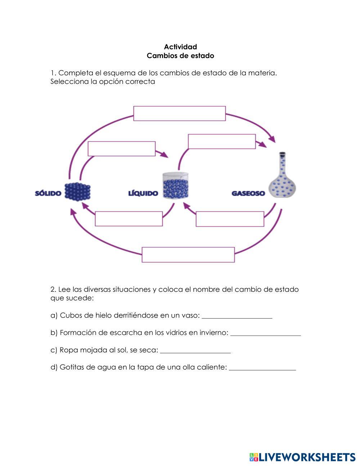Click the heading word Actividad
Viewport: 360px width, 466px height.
[180, 47]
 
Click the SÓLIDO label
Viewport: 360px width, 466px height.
[48, 193]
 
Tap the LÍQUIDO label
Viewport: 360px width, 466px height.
[143, 193]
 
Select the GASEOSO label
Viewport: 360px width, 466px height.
[248, 193]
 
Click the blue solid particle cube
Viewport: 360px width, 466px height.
[77, 192]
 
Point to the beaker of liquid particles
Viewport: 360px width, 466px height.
[176, 186]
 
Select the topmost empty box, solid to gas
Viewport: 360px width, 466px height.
[179, 113]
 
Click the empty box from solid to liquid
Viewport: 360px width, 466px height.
[122, 149]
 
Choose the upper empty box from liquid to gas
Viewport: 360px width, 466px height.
[222, 142]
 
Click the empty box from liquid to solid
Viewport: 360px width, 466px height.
[129, 219]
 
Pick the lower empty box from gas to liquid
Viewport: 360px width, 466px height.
[230, 219]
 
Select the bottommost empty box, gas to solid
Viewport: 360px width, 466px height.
[188, 255]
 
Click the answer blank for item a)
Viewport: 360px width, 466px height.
[237, 315]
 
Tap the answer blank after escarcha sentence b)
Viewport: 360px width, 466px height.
[265, 333]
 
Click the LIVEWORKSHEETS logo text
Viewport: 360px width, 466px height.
[306, 457]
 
